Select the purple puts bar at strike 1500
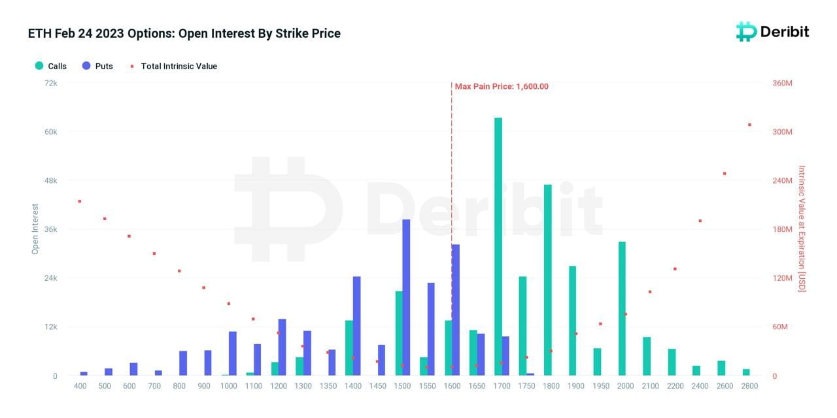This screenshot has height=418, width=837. click(406, 297)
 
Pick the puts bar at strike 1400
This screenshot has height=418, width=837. click(356, 326)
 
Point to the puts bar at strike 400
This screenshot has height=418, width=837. click(84, 374)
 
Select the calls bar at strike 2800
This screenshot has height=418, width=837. click(746, 372)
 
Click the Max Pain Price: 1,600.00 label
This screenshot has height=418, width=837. click(502, 86)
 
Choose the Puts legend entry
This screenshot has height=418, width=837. click(97, 66)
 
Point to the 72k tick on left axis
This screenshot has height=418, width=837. click(51, 83)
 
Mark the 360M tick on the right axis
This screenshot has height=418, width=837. click(783, 83)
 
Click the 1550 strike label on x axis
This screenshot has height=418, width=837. click(427, 386)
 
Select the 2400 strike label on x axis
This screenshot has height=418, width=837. click(700, 386)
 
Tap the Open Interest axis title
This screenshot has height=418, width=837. click(35, 229)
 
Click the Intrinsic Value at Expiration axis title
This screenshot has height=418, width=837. click(802, 229)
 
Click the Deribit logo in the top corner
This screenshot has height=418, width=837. click(772, 31)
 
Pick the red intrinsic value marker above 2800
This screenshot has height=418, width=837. click(749, 125)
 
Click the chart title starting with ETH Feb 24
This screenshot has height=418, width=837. click(184, 33)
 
